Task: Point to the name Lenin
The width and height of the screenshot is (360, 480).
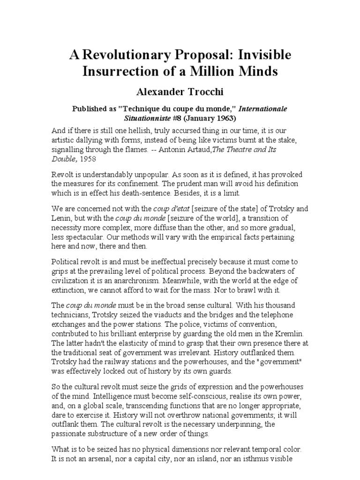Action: click(62, 218)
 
